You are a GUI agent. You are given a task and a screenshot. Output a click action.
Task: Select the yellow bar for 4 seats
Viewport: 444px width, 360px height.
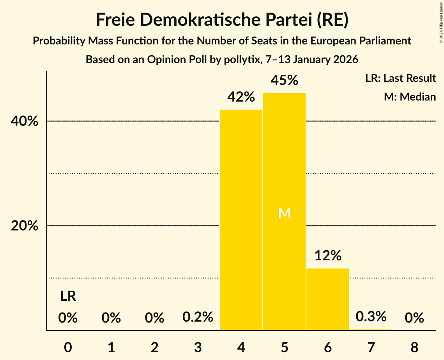pos(241,220)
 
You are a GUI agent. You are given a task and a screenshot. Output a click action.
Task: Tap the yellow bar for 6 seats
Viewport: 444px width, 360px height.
pos(327,299)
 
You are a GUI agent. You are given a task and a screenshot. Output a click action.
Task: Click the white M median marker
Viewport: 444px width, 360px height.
pos(285,213)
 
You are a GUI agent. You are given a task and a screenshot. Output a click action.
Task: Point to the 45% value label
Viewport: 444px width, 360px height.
pos(285,80)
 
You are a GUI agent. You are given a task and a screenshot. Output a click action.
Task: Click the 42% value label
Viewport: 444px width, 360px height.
pos(241,97)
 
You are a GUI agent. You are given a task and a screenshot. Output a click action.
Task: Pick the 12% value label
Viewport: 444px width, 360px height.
pos(328,256)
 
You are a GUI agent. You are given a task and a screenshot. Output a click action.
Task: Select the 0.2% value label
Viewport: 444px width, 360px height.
pos(198,317)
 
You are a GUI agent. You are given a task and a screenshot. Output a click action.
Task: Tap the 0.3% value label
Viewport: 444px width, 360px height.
pos(371,316)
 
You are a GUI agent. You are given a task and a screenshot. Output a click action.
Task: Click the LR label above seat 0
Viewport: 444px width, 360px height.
pos(68,296)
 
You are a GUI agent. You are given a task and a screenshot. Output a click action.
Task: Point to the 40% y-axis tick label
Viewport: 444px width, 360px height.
pos(25,122)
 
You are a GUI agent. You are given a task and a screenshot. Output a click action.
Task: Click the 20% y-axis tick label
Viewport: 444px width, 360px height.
pos(25,226)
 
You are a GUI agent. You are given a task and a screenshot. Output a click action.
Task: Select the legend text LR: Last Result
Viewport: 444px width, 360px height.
pos(400,78)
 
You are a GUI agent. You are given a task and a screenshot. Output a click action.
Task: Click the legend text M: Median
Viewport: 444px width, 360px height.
pos(410,97)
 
